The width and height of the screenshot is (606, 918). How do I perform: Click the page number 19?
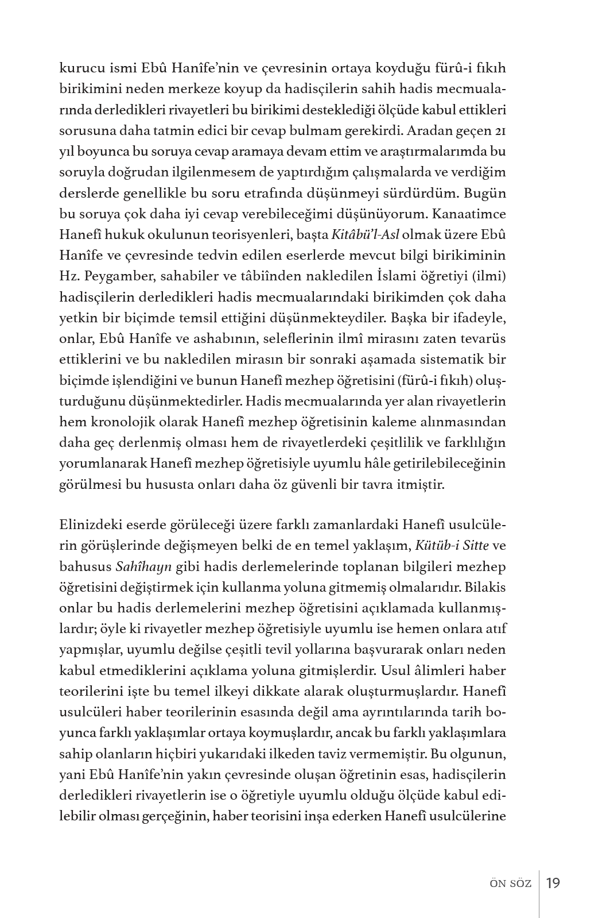pyautogui.click(x=553, y=882)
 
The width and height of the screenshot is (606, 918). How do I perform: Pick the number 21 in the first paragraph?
pyautogui.click(x=500, y=131)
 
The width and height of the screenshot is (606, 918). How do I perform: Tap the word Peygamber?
pyautogui.click(x=119, y=276)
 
